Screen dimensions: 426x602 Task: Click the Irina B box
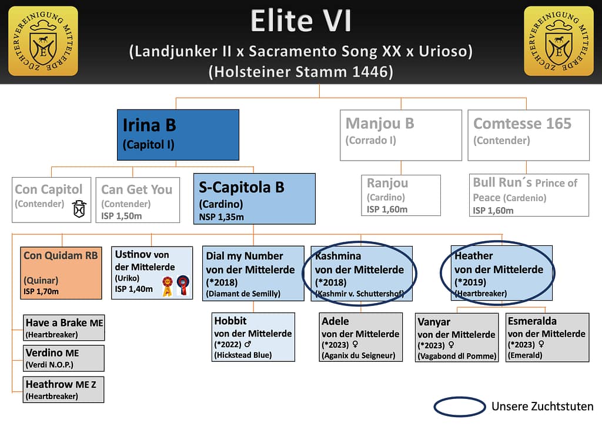click(178, 135)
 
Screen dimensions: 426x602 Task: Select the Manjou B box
click(400, 135)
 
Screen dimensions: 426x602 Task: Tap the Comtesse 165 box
click(529, 135)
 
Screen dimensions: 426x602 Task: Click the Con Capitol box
click(51, 199)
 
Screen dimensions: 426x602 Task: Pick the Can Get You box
click(138, 199)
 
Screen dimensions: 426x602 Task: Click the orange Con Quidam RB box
click(62, 272)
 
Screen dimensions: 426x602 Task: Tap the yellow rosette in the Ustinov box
click(168, 288)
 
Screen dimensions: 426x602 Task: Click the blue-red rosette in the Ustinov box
click(183, 287)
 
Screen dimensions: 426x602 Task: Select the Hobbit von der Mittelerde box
click(253, 337)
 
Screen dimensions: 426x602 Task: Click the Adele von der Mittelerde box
click(362, 337)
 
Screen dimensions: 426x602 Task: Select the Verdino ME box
click(63, 358)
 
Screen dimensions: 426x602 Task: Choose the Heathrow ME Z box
click(63, 390)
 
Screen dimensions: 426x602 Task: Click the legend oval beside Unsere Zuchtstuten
click(459, 407)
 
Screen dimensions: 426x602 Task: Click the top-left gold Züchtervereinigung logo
click(43, 41)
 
